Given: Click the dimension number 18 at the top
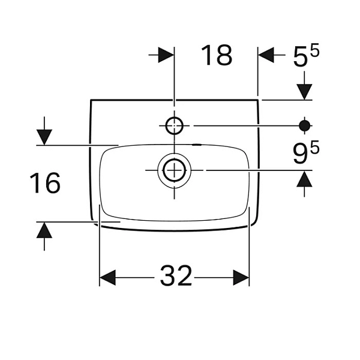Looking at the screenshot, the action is pyautogui.click(x=217, y=55).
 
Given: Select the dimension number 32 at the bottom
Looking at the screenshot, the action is pyautogui.click(x=176, y=275).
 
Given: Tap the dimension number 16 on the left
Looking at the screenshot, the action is pyautogui.click(x=45, y=183).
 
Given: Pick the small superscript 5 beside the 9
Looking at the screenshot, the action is pyautogui.click(x=315, y=149).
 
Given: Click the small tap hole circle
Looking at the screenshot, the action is pyautogui.click(x=174, y=125).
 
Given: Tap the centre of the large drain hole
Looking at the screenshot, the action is pyautogui.click(x=174, y=170).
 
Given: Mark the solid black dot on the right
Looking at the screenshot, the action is pyautogui.click(x=304, y=125).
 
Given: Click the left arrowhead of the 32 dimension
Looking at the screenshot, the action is pyautogui.click(x=107, y=278).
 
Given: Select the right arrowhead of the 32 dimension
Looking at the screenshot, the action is pyautogui.click(x=241, y=278).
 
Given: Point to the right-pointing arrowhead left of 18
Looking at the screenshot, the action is pyautogui.click(x=166, y=55).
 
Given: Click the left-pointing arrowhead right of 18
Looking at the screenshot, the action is pyautogui.click(x=266, y=55).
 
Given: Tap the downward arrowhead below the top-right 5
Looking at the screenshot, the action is pyautogui.click(x=304, y=92).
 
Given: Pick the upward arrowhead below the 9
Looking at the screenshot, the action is pyautogui.click(x=304, y=179).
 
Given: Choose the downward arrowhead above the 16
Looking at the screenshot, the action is pyautogui.click(x=44, y=137).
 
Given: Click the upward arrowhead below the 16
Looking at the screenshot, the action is pyautogui.click(x=44, y=230).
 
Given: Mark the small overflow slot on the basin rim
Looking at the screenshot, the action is pyautogui.click(x=197, y=145).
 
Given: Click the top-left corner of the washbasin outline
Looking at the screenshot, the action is pyautogui.click(x=91, y=100).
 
